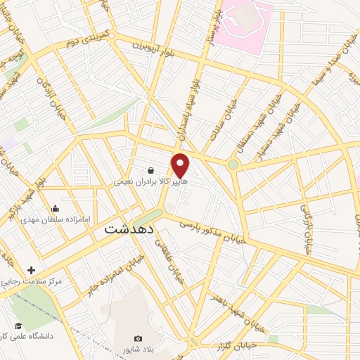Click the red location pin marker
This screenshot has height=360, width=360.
point(181,165)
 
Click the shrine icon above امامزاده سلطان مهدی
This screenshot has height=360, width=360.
point(56,209)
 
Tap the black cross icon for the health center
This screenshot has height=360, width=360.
point(31,270)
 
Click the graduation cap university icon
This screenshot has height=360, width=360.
point(18,326)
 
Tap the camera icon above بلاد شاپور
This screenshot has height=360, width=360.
point(138,338)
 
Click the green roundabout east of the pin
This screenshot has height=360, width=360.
point(233,165)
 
